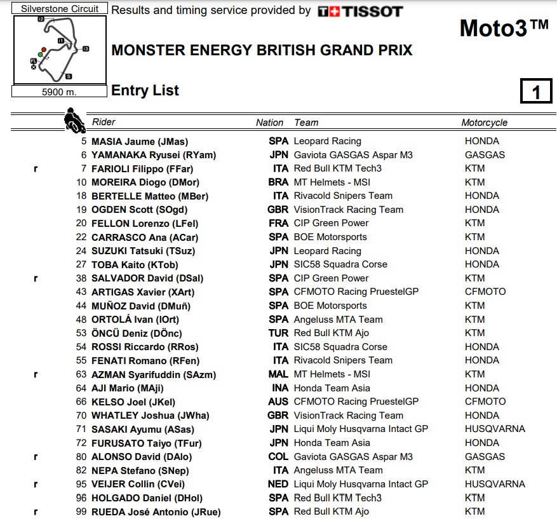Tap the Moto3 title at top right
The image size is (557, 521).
(x=503, y=29)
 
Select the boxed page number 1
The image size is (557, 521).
(x=535, y=93)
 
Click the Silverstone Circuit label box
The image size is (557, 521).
(x=60, y=9)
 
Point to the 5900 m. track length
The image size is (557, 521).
(x=59, y=91)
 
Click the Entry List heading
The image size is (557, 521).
(x=145, y=91)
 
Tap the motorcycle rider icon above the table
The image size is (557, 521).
(x=74, y=119)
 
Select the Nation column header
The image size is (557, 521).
(x=269, y=123)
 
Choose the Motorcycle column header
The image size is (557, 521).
(x=484, y=123)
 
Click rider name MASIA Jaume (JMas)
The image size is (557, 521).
(x=140, y=142)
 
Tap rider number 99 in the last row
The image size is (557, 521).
(x=81, y=512)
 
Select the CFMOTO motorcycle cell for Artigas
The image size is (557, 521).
(x=485, y=292)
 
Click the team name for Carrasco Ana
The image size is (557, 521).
(x=330, y=237)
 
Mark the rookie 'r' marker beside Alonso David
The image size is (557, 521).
(x=36, y=457)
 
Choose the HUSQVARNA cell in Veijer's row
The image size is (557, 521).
(x=495, y=484)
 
